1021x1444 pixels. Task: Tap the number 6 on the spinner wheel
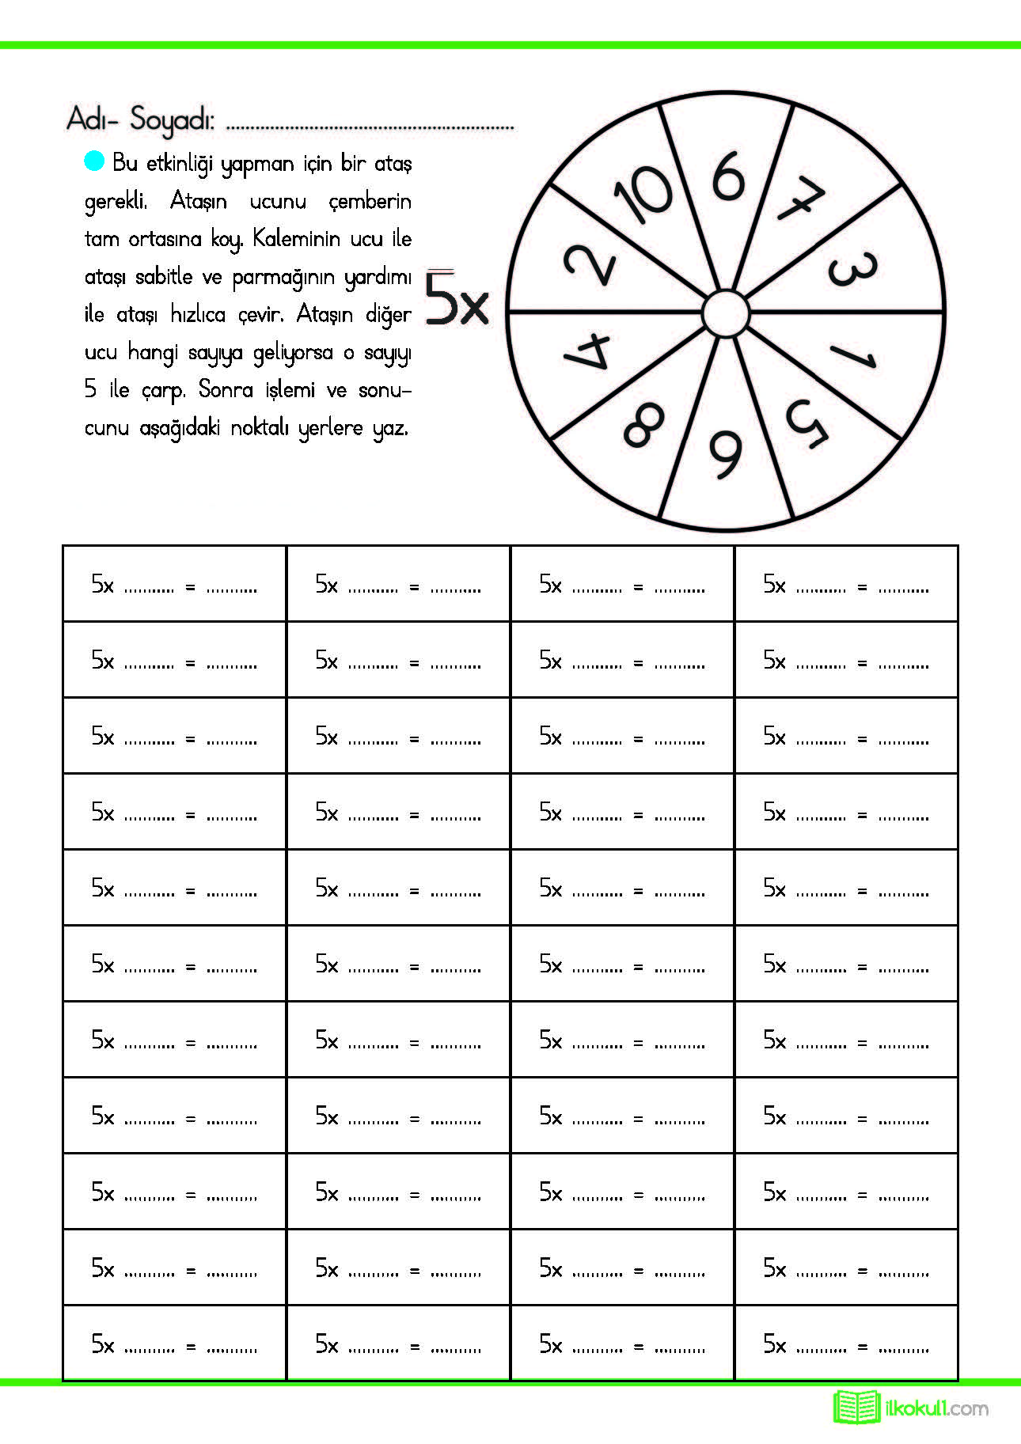point(729,176)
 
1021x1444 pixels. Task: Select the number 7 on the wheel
point(800,199)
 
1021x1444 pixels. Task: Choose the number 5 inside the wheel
point(807,423)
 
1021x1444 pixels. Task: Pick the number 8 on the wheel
point(643,425)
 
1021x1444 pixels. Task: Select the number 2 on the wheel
point(590,264)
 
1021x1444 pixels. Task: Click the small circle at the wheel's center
point(725,314)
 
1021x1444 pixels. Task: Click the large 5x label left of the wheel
point(457,298)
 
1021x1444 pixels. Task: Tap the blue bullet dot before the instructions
point(94,161)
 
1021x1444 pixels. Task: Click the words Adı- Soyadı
point(140,119)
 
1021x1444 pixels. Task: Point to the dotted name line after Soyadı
point(370,127)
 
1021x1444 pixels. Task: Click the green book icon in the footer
point(856,1407)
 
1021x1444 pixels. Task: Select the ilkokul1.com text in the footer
point(936,1408)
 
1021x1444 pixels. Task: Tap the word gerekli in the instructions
point(116,202)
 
